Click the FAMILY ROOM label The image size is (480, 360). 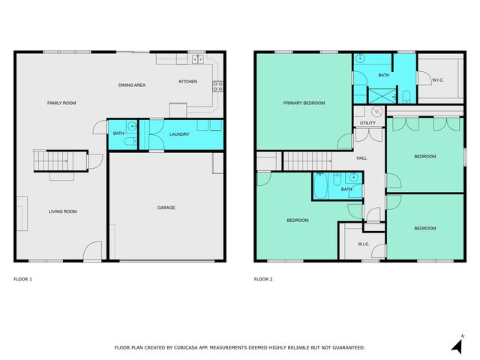[x=61, y=103]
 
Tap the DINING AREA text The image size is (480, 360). [x=132, y=85]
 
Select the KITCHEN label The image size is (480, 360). [x=187, y=81]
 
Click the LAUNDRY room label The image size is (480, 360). [x=179, y=134]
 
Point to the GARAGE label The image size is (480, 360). [x=166, y=208]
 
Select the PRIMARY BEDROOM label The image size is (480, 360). [x=304, y=103]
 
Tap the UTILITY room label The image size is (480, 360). [x=367, y=123]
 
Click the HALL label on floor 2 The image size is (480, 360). [x=361, y=158]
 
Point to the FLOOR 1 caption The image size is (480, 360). [x=23, y=279]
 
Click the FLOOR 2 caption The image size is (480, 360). [x=263, y=279]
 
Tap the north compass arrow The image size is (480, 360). [x=456, y=344]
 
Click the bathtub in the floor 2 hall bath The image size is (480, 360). [x=321, y=186]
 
